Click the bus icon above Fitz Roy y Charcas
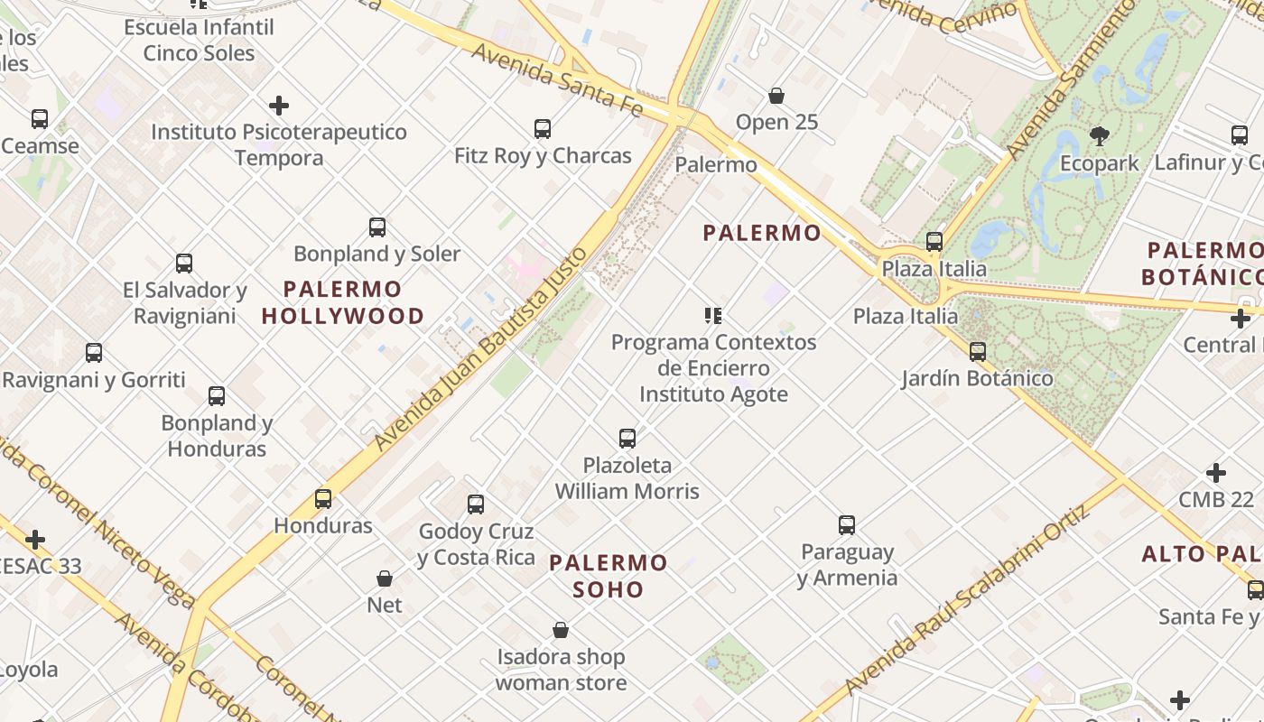pyautogui.click(x=542, y=129)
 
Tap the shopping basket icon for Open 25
pyautogui.click(x=776, y=96)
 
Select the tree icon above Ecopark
pyautogui.click(x=1099, y=136)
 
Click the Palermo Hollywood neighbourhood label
pyautogui.click(x=343, y=302)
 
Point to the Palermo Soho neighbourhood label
pyautogui.click(x=609, y=576)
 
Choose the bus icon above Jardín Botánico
pyautogui.click(x=977, y=351)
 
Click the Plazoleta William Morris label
pyautogui.click(x=627, y=478)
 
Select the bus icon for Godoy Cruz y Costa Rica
pyautogui.click(x=476, y=504)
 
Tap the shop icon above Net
pyautogui.click(x=385, y=578)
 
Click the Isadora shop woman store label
pyautogui.click(x=561, y=670)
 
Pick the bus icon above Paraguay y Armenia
pyautogui.click(x=846, y=525)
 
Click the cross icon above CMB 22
pyautogui.click(x=1216, y=473)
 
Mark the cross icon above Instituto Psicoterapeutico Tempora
pyautogui.click(x=279, y=106)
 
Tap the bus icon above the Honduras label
pyautogui.click(x=323, y=498)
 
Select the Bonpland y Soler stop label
pyautogui.click(x=376, y=254)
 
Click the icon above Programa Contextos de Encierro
pyautogui.click(x=713, y=316)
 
